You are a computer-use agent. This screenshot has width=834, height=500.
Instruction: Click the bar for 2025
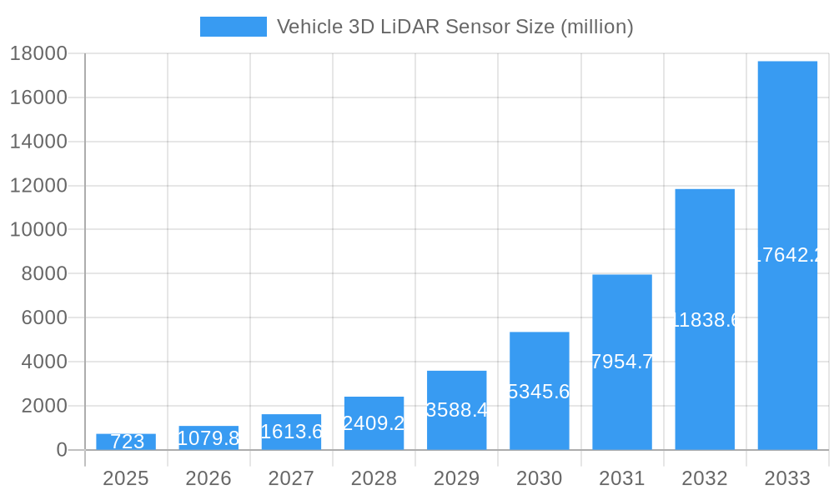point(126,442)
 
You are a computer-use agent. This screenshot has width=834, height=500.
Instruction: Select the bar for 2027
point(291,432)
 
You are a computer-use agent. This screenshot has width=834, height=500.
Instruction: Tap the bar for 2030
point(540,391)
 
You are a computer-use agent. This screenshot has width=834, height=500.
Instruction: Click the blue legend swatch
point(233,27)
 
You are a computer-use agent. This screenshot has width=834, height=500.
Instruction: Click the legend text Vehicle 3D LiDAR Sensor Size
point(455,27)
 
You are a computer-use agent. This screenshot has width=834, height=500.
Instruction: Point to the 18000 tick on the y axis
point(38,53)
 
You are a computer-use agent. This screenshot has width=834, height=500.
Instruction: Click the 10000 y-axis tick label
point(38,229)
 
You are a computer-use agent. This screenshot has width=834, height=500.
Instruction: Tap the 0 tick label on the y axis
point(62,450)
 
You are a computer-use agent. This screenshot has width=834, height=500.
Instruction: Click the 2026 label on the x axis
point(208,478)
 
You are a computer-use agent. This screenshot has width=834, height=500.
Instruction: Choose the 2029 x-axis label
point(457,478)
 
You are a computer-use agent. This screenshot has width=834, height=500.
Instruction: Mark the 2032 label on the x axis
point(705,478)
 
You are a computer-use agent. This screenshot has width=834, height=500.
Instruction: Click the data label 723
point(127,442)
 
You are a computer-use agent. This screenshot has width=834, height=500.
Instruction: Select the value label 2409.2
point(374,423)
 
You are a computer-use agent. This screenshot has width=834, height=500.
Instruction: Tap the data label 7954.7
point(621,362)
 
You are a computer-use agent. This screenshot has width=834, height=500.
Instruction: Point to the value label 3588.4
point(456,410)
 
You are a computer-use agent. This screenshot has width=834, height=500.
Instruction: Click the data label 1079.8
point(208,438)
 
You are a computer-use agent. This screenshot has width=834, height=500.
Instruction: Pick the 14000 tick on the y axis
point(38,142)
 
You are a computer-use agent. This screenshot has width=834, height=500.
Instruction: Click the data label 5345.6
point(539,392)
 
